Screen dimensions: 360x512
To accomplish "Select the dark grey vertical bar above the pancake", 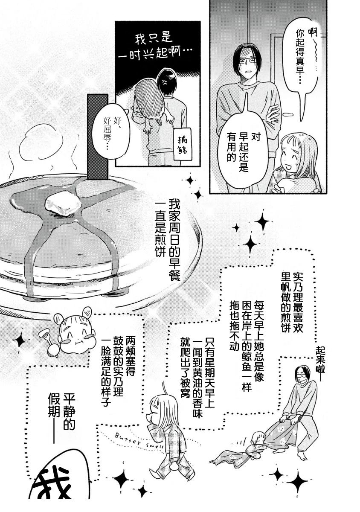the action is [x=98, y=137].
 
